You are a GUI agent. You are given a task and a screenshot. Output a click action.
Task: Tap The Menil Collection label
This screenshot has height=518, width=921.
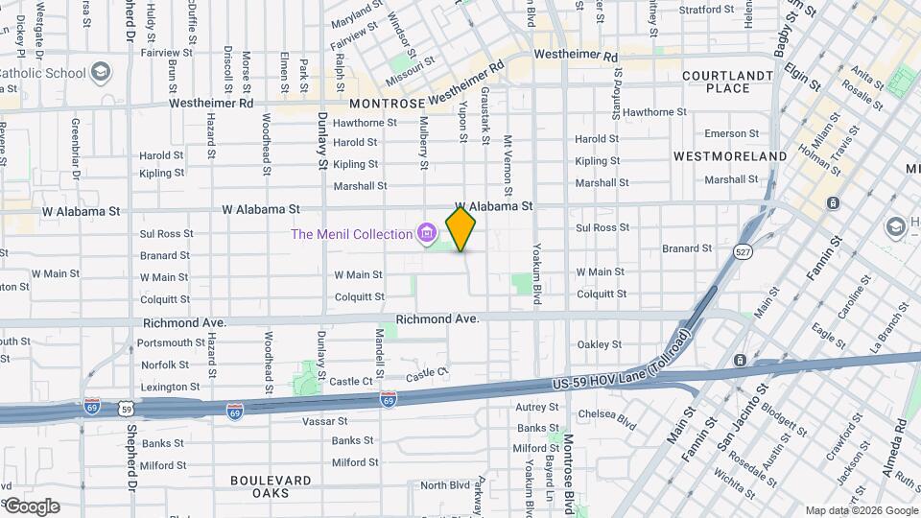click(x=352, y=233)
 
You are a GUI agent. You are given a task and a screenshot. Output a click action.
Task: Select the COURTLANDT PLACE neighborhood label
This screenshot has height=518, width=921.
click(x=727, y=82)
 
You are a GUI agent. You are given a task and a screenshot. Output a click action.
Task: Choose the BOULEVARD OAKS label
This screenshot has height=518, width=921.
click(x=271, y=486)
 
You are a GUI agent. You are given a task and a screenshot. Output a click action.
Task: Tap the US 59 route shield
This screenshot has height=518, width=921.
click(x=127, y=409)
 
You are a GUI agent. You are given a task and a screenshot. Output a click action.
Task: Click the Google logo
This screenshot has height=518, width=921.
click(x=31, y=506)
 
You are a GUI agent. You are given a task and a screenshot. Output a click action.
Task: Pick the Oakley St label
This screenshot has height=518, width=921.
click(x=599, y=344)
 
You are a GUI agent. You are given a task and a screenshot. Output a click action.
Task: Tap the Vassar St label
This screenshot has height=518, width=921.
click(x=351, y=421)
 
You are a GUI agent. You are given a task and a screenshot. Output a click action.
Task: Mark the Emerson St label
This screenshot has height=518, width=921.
click(x=731, y=134)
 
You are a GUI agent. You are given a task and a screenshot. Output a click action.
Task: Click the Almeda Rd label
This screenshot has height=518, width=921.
click(x=902, y=442)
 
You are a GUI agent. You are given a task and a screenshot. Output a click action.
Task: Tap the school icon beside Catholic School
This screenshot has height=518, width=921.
click(x=101, y=72)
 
